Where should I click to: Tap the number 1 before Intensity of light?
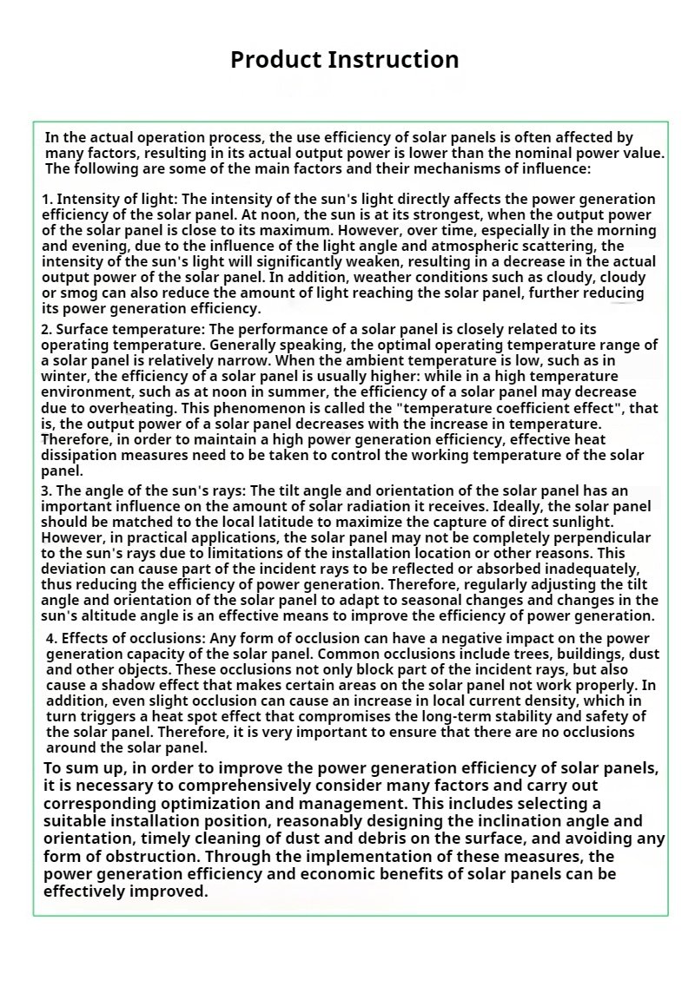(x=45, y=200)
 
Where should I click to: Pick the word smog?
(x=78, y=293)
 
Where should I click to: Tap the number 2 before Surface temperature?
(x=45, y=329)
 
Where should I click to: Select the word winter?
(x=63, y=376)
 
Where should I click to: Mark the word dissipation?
(x=79, y=455)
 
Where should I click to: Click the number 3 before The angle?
(x=45, y=490)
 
